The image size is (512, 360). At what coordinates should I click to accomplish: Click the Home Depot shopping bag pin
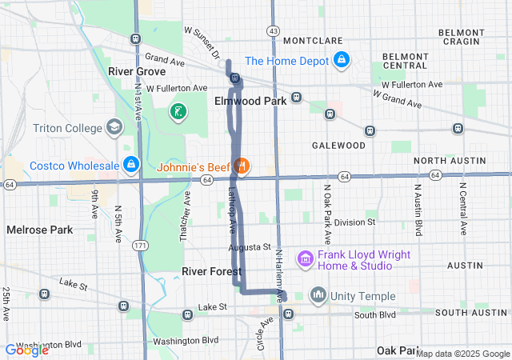[x=341, y=60]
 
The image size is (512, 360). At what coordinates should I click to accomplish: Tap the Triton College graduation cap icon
[x=115, y=128]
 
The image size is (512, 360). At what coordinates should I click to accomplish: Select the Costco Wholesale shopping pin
[x=130, y=166]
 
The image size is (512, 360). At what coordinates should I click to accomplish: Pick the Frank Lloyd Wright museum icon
[x=304, y=258]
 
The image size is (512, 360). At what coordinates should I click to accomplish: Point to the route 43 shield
[x=274, y=30]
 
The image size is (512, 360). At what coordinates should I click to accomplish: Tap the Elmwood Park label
[x=250, y=102]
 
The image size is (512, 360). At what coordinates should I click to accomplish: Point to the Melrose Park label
[x=39, y=230]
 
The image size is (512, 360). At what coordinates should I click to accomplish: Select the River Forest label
[x=211, y=271]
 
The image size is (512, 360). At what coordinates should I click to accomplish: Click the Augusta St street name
[x=250, y=247]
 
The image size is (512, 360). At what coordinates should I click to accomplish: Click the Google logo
[x=26, y=350]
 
